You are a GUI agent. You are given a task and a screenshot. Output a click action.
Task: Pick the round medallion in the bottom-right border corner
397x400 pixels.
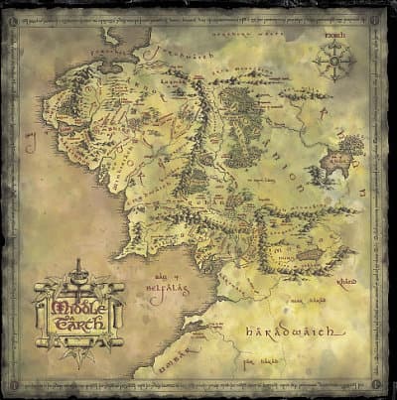tap(375, 378)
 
